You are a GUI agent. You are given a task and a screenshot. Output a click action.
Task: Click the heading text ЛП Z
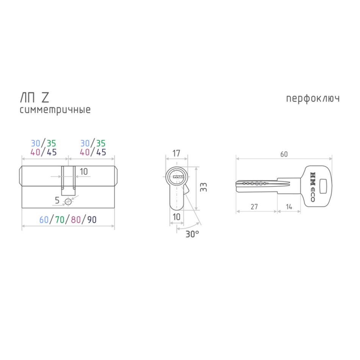[34, 97]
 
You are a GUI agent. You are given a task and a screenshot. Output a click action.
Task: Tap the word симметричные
[55, 110]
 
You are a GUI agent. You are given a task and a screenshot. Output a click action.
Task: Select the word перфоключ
[313, 99]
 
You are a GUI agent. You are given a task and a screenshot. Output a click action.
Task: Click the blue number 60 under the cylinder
[44, 220]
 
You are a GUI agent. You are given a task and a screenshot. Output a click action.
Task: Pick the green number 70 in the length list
[60, 220]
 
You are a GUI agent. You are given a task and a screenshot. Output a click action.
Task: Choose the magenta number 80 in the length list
[76, 220]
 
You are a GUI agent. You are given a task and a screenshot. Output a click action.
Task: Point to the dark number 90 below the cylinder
[92, 220]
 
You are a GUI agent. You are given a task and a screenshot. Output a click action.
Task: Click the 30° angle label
[192, 234]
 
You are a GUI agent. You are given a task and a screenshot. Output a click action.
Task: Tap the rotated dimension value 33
[203, 187]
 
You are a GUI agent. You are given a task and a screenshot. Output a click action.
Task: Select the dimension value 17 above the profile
[176, 153]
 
